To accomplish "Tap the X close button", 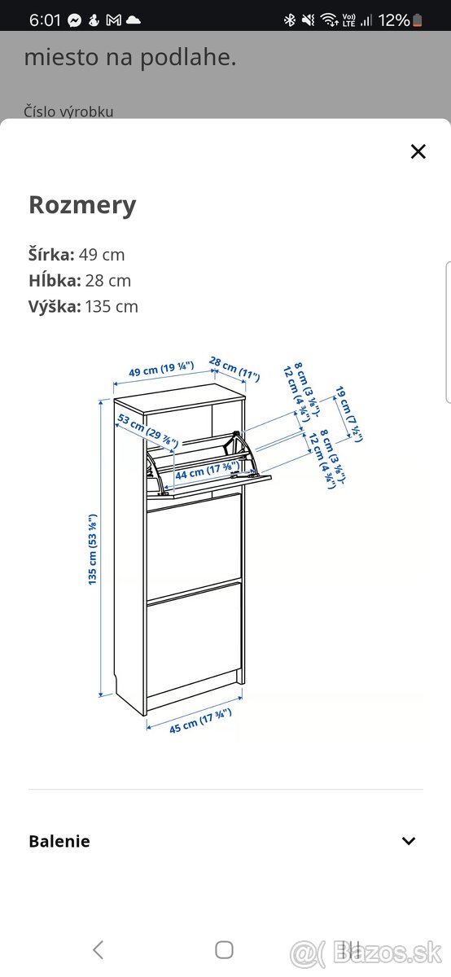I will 418,151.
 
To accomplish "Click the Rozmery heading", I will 82,205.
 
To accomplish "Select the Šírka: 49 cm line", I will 77,254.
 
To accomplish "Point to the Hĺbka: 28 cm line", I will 79,280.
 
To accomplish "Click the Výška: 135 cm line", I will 83,306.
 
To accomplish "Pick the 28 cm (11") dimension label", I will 234,368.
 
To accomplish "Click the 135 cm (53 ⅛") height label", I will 94,549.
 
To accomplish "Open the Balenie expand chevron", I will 409,841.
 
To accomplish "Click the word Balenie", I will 59,841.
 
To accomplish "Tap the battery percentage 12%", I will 394,20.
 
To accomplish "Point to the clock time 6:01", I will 45,20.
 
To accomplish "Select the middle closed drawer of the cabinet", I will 194,544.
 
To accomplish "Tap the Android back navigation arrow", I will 98,949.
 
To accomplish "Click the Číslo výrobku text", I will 68,112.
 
